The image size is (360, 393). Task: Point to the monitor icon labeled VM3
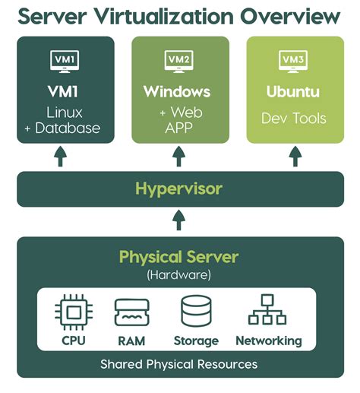293,59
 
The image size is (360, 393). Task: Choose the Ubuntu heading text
293,93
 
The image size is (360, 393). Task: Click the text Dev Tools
293,119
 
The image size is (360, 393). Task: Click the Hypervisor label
178,189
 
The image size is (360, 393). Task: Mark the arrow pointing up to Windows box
178,157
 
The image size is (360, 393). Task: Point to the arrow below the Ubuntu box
293,157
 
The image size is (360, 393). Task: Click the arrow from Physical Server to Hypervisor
178,220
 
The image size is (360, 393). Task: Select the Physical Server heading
178,256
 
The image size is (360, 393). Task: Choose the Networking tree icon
267,312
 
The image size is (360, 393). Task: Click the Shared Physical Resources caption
178,364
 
